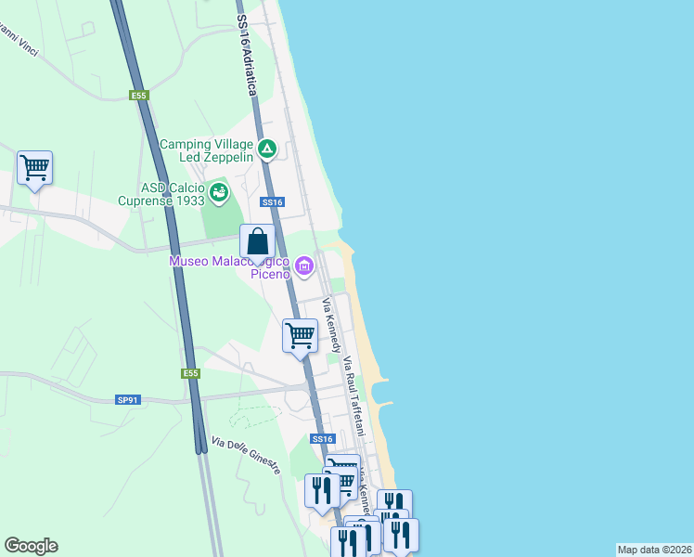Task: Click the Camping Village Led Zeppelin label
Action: pyautogui.click(x=206, y=150)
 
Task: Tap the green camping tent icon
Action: pyautogui.click(x=267, y=148)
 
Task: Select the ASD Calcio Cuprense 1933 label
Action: pyautogui.click(x=161, y=193)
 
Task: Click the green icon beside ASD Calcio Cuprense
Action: pyautogui.click(x=218, y=193)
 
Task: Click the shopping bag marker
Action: pyautogui.click(x=258, y=242)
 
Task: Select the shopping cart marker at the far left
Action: pyautogui.click(x=35, y=168)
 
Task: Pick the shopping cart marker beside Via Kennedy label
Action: pyautogui.click(x=300, y=336)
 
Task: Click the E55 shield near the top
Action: pyautogui.click(x=139, y=95)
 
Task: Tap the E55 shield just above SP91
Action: pyautogui.click(x=190, y=373)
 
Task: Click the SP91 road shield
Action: pyautogui.click(x=127, y=400)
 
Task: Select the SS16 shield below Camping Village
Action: pyautogui.click(x=272, y=201)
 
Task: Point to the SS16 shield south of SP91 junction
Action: pyautogui.click(x=322, y=438)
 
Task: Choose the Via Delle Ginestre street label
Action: pyautogui.click(x=245, y=456)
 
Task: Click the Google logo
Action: pyautogui.click(x=31, y=546)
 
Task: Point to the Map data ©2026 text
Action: pyautogui.click(x=654, y=550)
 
